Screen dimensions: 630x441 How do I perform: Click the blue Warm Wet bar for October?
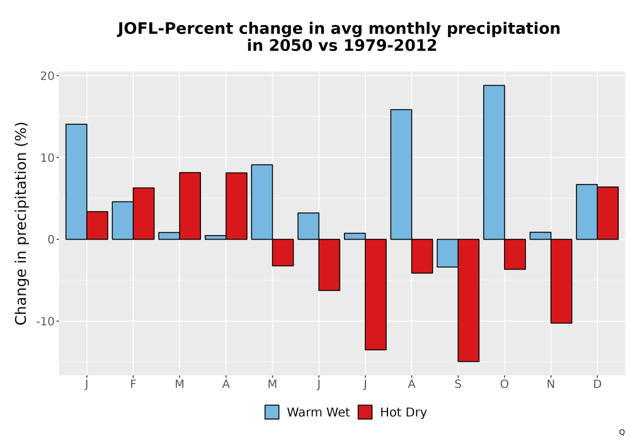494,163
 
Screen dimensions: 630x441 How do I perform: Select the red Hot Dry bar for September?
469,301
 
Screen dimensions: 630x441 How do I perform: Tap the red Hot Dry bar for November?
561,281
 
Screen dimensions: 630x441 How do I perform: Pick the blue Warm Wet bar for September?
447,253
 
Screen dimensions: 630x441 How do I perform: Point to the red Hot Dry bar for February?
144,214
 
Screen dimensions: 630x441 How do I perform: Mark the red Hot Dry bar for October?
515,255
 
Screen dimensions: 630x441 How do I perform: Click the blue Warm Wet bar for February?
123,220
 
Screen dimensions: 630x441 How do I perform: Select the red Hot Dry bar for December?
607,214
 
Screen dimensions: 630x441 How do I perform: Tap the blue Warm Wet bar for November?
541,236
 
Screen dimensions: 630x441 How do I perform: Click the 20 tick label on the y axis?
47,76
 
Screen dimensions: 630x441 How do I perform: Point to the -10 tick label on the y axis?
45,321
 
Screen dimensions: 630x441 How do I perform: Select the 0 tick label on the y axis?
50,240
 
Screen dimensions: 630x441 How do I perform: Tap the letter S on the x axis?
458,384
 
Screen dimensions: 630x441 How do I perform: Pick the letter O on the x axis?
504,384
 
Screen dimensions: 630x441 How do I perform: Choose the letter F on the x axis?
133,384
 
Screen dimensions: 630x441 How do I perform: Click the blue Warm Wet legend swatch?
272,412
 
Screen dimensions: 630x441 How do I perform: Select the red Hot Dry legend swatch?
365,412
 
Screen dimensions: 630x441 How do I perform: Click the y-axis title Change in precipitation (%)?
21,223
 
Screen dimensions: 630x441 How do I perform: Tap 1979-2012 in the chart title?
390,45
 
